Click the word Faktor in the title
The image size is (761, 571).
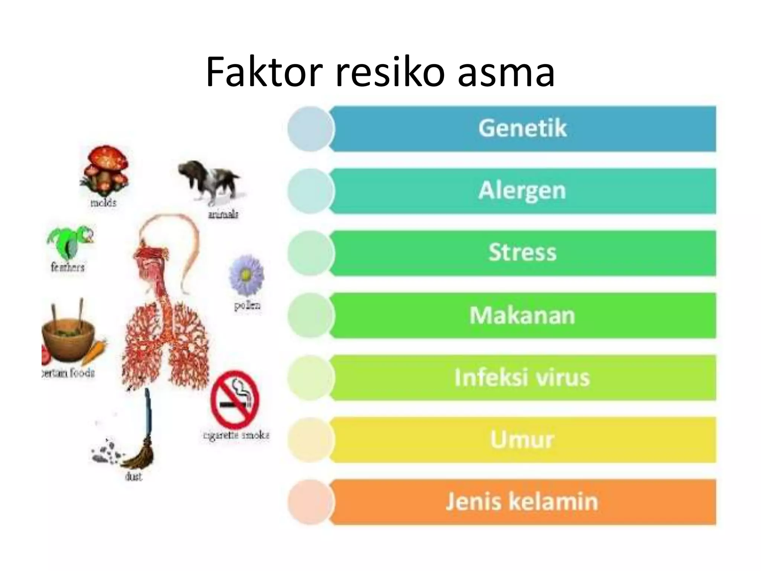tap(263, 72)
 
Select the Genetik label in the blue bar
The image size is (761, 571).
tap(522, 128)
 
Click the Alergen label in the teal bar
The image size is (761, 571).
tap(522, 191)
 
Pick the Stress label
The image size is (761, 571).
tap(522, 252)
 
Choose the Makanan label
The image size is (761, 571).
tap(522, 315)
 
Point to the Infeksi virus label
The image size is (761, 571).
tap(522, 377)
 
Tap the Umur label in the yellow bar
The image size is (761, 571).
tap(522, 439)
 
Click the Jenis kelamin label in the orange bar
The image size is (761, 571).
tap(522, 501)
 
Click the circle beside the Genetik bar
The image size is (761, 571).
tap(310, 129)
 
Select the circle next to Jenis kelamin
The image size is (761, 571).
tap(310, 502)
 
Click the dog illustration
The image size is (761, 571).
tap(210, 180)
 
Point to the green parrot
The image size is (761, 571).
tap(71, 242)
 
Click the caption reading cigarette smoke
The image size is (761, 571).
tap(236, 435)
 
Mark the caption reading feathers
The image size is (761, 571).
tap(67, 267)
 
